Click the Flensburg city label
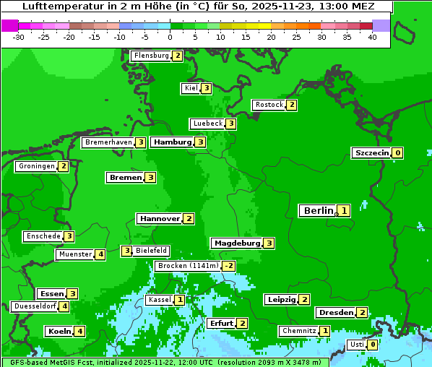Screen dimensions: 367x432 151,56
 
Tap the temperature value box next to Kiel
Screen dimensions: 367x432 207,88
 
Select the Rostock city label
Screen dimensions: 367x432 269,105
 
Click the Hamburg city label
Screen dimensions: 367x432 172,142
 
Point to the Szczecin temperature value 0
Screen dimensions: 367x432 398,153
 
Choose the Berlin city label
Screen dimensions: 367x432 318,211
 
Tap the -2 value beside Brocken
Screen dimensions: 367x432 229,266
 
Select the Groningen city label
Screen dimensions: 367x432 37,166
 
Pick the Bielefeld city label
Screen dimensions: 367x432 152,251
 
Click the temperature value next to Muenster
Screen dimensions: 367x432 100,254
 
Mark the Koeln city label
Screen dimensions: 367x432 59,332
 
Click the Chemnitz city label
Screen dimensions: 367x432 299,331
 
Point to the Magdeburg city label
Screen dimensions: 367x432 237,243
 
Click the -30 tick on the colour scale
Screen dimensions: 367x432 19,37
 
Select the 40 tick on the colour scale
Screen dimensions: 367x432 372,37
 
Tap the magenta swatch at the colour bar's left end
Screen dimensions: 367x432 9,25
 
